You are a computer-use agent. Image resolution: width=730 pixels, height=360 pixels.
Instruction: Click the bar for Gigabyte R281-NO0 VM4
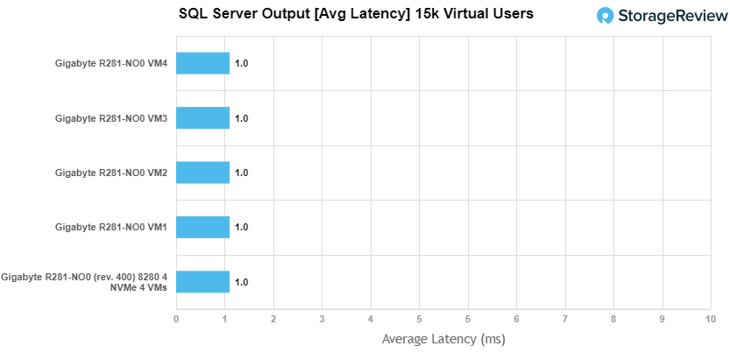click(202, 63)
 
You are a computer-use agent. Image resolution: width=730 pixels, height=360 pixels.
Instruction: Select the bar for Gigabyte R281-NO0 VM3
click(202, 117)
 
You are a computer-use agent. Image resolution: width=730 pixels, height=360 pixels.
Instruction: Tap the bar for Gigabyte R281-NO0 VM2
click(202, 173)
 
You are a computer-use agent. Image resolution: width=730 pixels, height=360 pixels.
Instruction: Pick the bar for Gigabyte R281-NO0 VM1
click(202, 227)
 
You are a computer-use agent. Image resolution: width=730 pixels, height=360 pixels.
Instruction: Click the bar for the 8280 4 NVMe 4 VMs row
click(202, 282)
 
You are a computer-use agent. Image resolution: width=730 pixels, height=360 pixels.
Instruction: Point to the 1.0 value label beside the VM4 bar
click(242, 63)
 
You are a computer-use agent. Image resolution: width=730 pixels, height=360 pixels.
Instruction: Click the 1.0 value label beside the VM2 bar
click(242, 173)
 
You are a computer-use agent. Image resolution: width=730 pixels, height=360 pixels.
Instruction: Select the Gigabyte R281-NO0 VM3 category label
click(110, 118)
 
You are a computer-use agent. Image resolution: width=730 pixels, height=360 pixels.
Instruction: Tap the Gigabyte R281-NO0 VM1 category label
click(110, 228)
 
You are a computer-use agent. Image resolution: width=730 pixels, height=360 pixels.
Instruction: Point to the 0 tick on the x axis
click(176, 318)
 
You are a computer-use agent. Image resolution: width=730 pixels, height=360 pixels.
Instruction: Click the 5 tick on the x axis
click(419, 318)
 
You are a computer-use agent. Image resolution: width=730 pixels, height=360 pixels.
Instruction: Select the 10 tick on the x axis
click(710, 318)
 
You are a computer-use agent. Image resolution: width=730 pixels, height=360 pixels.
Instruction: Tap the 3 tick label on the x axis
click(322, 318)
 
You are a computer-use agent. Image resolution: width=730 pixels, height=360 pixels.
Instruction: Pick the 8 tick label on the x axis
click(613, 318)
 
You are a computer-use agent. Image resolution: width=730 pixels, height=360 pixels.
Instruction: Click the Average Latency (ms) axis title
click(443, 338)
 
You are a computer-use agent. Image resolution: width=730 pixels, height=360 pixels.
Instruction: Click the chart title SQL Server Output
click(355, 14)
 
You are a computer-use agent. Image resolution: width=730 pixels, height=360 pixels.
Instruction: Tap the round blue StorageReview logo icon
click(606, 16)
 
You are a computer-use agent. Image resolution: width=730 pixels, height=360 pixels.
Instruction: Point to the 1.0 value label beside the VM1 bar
click(242, 227)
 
